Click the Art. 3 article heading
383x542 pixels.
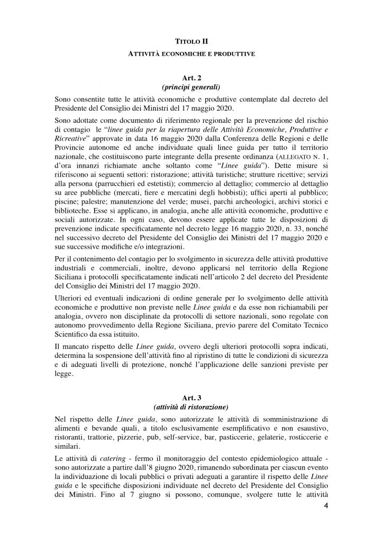(191, 396)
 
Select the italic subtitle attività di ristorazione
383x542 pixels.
(191, 406)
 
